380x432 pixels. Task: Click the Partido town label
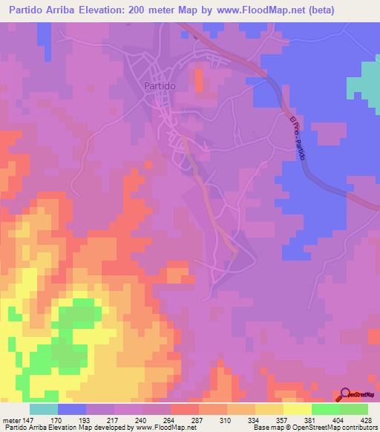click(x=157, y=86)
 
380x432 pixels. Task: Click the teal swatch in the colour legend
click(x=44, y=409)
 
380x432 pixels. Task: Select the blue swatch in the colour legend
click(x=72, y=409)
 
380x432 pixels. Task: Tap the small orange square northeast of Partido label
click(x=198, y=79)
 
